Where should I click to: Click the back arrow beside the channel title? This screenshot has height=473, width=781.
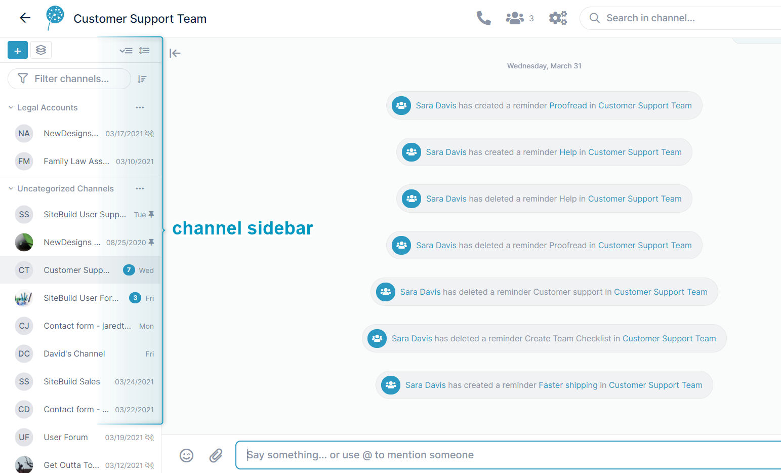[25, 18]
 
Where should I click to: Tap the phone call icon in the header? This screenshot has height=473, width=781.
[483, 18]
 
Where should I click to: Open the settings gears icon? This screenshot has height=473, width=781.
[558, 18]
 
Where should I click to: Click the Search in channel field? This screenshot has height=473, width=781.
[680, 18]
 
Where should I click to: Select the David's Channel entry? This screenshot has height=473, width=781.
[74, 353]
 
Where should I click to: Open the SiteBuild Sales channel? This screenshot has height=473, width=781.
[72, 382]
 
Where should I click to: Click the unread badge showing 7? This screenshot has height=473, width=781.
[129, 270]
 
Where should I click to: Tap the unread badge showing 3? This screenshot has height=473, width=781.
[135, 298]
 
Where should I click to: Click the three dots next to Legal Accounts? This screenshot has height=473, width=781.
[140, 107]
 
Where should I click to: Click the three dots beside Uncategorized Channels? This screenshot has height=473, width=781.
[140, 188]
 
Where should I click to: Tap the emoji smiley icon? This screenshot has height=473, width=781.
[186, 455]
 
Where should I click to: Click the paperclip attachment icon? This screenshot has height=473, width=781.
[216, 455]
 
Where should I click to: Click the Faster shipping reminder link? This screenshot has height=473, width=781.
[568, 385]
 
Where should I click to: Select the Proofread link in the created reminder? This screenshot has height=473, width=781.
[568, 106]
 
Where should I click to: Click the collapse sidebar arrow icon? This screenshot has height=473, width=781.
[175, 53]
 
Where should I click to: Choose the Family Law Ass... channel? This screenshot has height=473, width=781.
[76, 161]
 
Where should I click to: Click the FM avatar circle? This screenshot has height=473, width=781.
[24, 161]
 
